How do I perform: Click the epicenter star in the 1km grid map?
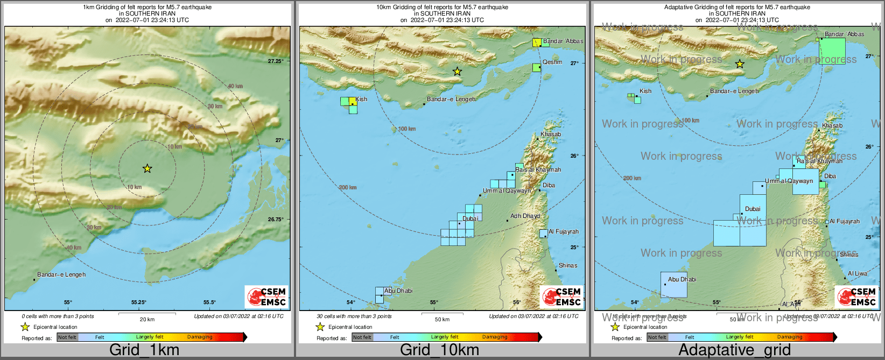pyautogui.click(x=147, y=168)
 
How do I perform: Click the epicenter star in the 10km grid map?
pyautogui.click(x=457, y=71)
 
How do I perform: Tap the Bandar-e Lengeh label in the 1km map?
pyautogui.click(x=61, y=274)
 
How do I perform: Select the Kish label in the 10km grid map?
pyautogui.click(x=361, y=99)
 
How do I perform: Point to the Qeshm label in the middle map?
pyautogui.click(x=552, y=62)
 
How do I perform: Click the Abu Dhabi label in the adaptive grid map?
pyautogui.click(x=682, y=279)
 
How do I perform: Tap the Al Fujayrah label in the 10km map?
pyautogui.click(x=564, y=231)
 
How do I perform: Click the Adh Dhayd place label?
pyautogui.click(x=525, y=216)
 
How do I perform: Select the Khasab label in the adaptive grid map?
pyautogui.click(x=832, y=125)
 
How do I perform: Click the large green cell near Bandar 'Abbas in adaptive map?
pyautogui.click(x=832, y=51)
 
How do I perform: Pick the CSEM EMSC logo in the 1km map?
pyautogui.click(x=266, y=297)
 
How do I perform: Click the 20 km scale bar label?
pyautogui.click(x=147, y=319)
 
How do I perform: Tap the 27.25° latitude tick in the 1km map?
pyautogui.click(x=276, y=61)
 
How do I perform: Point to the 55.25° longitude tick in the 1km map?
pyautogui.click(x=139, y=302)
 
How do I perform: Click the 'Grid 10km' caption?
pyautogui.click(x=439, y=350)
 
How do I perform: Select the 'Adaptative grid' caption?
pyautogui.click(x=734, y=350)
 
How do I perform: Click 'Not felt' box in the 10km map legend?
pyautogui.click(x=362, y=337)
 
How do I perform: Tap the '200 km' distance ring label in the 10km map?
pyautogui.click(x=348, y=187)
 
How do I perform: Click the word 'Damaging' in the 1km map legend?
pyautogui.click(x=200, y=337)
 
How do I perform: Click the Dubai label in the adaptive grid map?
pyautogui.click(x=753, y=209)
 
